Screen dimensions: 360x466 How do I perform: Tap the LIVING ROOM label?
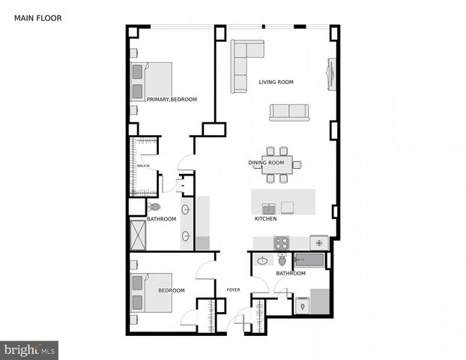276,82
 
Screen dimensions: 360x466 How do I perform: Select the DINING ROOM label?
266,163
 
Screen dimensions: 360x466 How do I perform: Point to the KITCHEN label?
266,218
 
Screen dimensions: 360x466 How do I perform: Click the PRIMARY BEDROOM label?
172,100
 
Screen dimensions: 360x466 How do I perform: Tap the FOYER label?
232,289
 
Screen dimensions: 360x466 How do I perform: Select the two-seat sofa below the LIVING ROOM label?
289,112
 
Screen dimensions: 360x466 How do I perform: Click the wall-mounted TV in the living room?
330,73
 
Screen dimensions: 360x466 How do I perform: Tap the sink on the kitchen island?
268,208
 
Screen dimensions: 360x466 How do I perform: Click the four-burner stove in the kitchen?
281,243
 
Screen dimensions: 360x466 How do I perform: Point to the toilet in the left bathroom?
154,207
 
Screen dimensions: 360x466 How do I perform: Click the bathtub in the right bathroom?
309,260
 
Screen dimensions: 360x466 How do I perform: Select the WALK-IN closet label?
142,166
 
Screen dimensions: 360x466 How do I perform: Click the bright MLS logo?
29,349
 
